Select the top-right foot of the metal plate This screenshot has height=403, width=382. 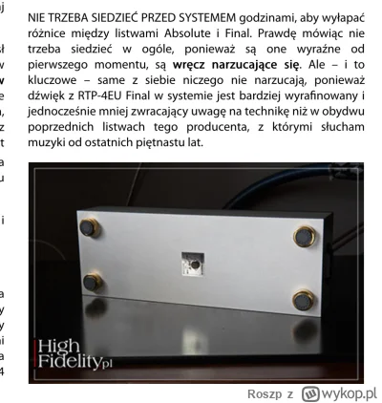coord(305,235)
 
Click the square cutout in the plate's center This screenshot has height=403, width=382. coord(191,263)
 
